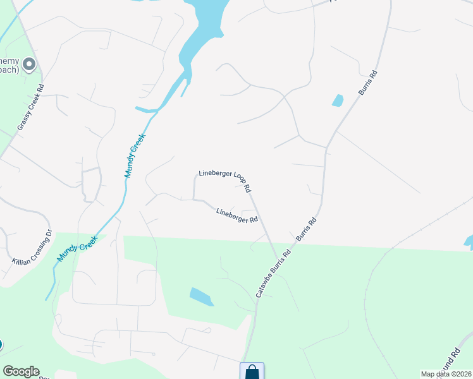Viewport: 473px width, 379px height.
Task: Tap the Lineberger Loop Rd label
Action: [225, 181]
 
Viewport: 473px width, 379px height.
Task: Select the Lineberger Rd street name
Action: [237, 215]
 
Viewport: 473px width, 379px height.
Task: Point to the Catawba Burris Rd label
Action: [273, 274]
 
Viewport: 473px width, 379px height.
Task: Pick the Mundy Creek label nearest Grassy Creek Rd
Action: [135, 155]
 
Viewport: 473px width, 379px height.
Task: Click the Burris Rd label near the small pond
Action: [368, 83]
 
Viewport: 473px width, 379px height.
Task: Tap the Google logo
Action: [21, 371]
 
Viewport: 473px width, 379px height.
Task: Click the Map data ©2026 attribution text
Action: [446, 374]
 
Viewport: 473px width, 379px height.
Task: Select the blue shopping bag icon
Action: [252, 371]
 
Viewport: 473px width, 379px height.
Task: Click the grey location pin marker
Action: [29, 64]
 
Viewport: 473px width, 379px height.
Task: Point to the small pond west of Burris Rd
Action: [338, 100]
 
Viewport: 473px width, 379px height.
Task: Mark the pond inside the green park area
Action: [202, 296]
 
